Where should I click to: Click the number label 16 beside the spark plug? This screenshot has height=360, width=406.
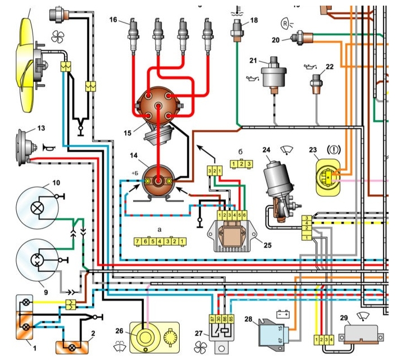click(x=113, y=20)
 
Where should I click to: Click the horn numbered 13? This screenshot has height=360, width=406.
click(x=25, y=147)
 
